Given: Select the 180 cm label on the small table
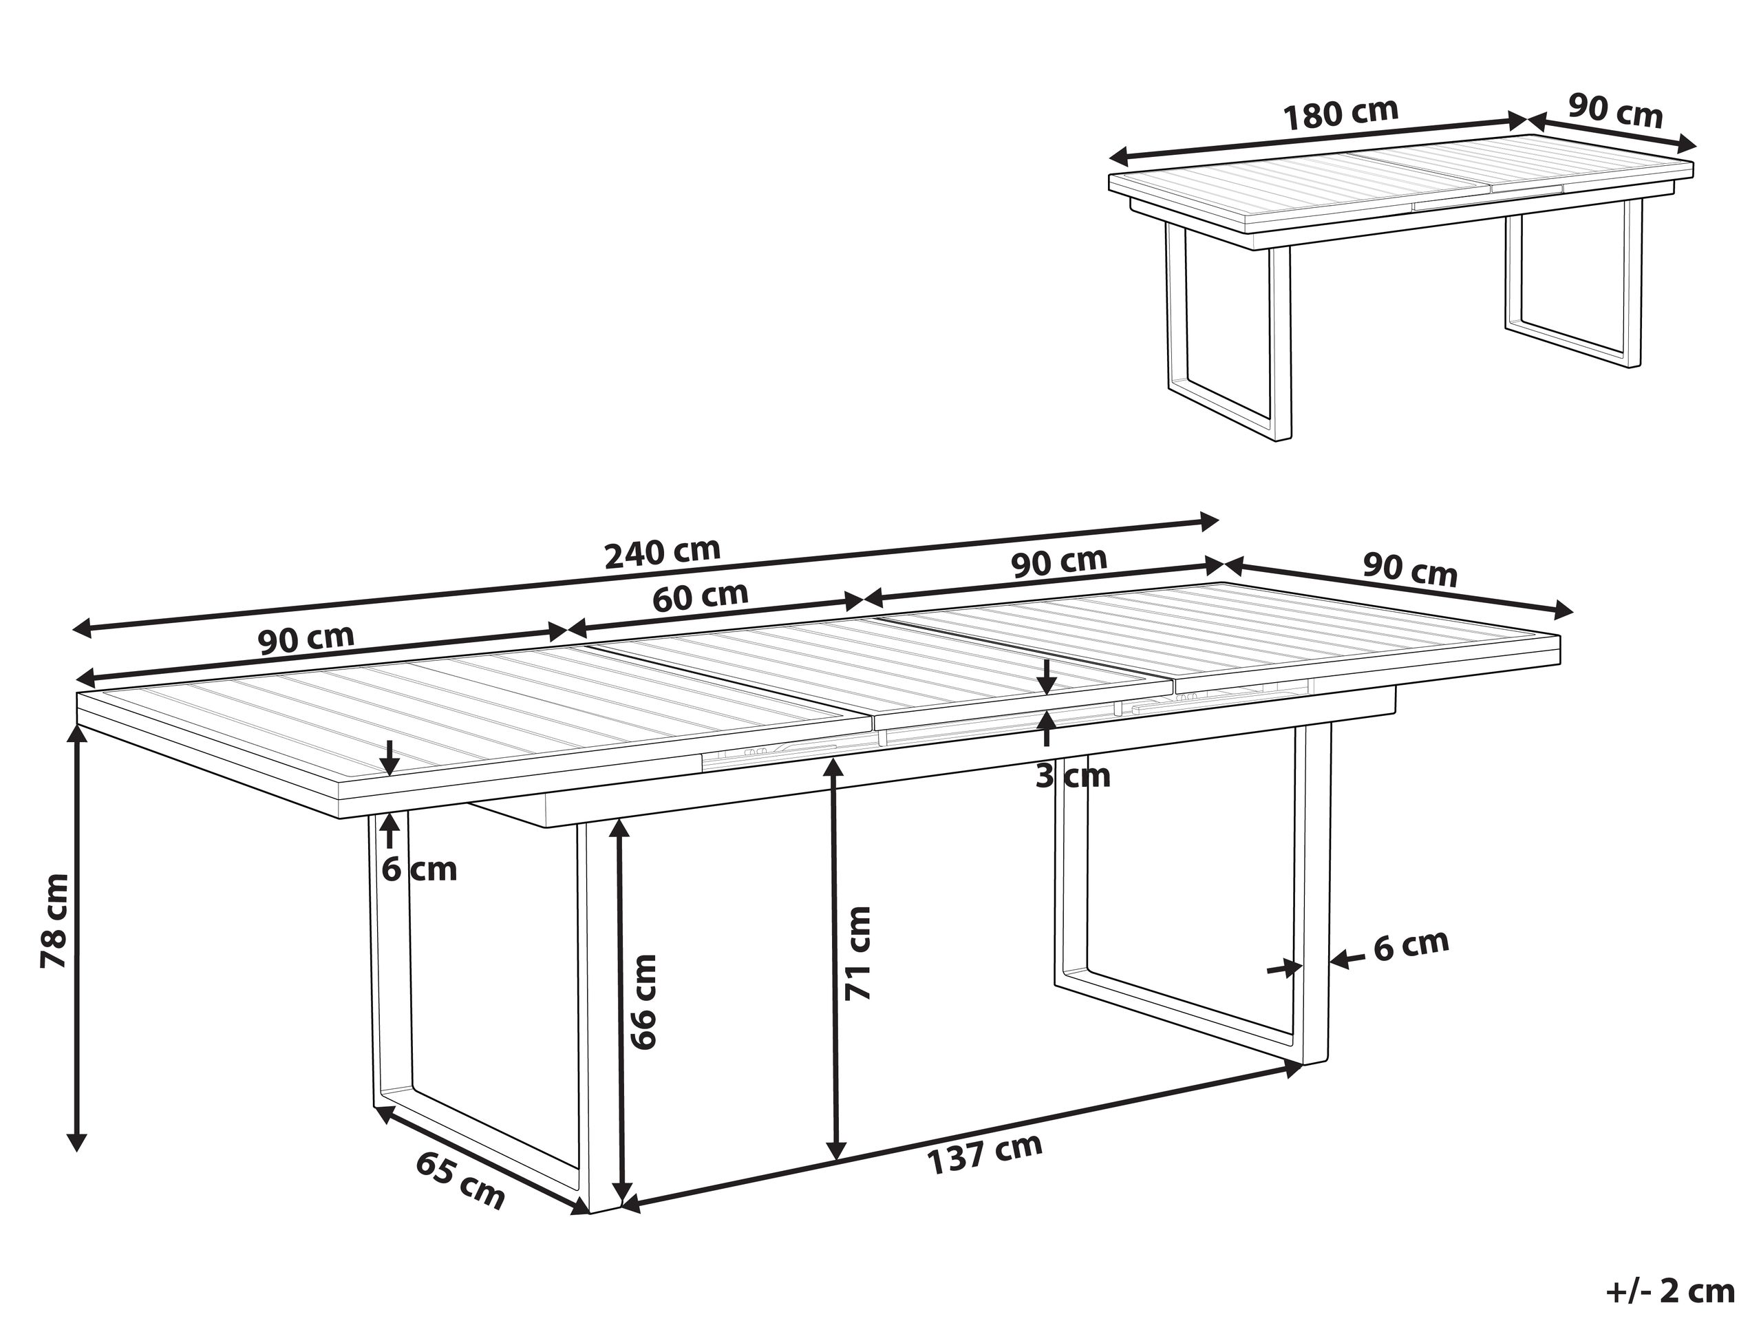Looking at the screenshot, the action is (1341, 113).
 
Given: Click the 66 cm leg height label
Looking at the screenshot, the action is (643, 1002).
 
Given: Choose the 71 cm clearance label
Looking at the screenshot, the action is (857, 953).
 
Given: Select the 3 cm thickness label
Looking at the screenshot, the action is (1072, 776).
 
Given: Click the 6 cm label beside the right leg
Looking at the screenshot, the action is (1411, 945).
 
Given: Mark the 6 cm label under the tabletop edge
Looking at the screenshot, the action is (419, 869).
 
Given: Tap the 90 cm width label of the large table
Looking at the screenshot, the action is (1410, 570).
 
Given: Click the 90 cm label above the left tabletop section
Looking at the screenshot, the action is (306, 639).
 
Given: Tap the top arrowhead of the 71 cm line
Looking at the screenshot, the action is (834, 768).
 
